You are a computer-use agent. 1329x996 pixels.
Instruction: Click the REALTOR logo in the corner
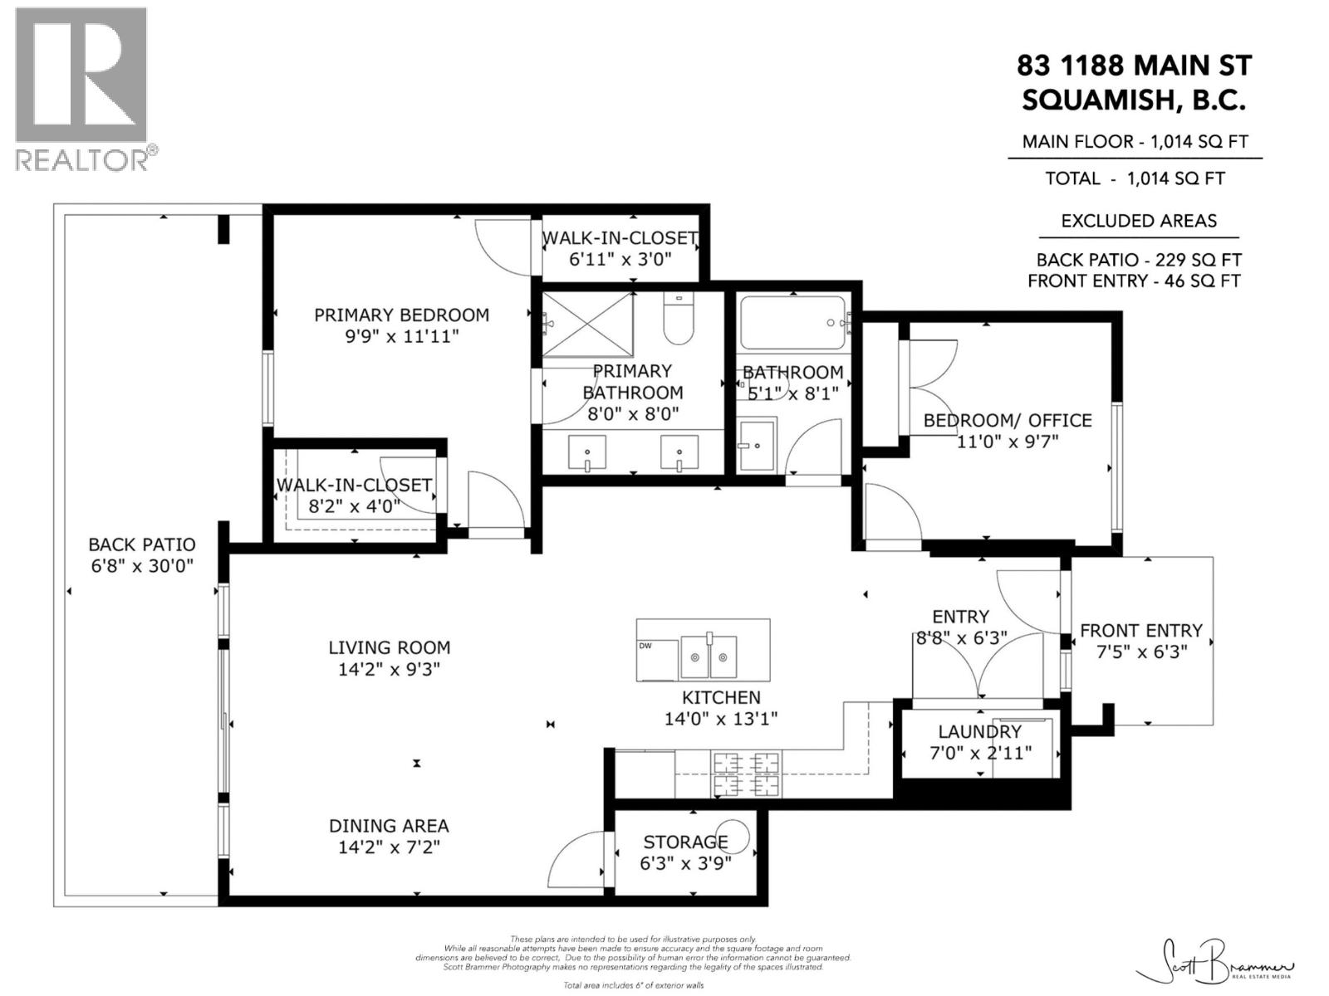pyautogui.click(x=82, y=87)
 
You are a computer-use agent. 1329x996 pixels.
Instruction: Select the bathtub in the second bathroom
pyautogui.click(x=793, y=322)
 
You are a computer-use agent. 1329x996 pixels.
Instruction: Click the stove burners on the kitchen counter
pyautogui.click(x=746, y=772)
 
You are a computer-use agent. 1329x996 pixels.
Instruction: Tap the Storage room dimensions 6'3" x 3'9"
pyautogui.click(x=685, y=863)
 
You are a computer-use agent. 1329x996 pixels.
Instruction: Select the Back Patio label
pyautogui.click(x=142, y=545)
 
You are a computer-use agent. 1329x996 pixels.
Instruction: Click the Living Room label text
pyautogui.click(x=389, y=647)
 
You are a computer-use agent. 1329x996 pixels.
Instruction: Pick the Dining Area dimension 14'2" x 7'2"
pyautogui.click(x=389, y=847)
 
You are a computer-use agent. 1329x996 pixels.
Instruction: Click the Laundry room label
pyautogui.click(x=979, y=732)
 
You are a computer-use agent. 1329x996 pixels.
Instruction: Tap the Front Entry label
pyautogui.click(x=1140, y=631)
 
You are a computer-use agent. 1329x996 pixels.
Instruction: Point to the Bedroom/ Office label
pyautogui.click(x=1007, y=421)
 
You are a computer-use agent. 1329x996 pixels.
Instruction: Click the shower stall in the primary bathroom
pyautogui.click(x=588, y=325)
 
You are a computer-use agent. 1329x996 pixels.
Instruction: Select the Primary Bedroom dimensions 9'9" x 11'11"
pyautogui.click(x=402, y=336)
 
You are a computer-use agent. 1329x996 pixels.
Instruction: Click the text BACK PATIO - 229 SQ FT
pyautogui.click(x=1138, y=260)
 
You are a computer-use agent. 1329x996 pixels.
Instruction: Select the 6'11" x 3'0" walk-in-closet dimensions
pyautogui.click(x=620, y=259)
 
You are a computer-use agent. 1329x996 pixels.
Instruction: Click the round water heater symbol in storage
pyautogui.click(x=738, y=836)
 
